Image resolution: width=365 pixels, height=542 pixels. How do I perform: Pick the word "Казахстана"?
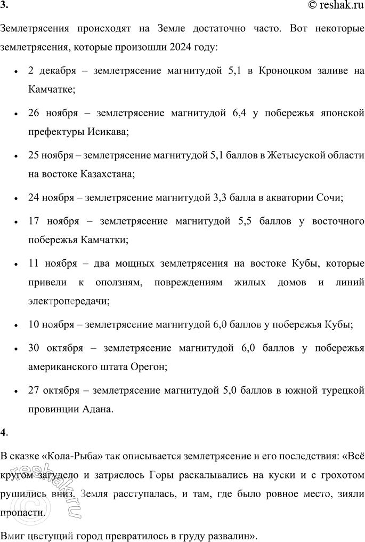click(x=108, y=173)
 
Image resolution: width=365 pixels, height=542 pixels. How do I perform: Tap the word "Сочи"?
click(x=329, y=197)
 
